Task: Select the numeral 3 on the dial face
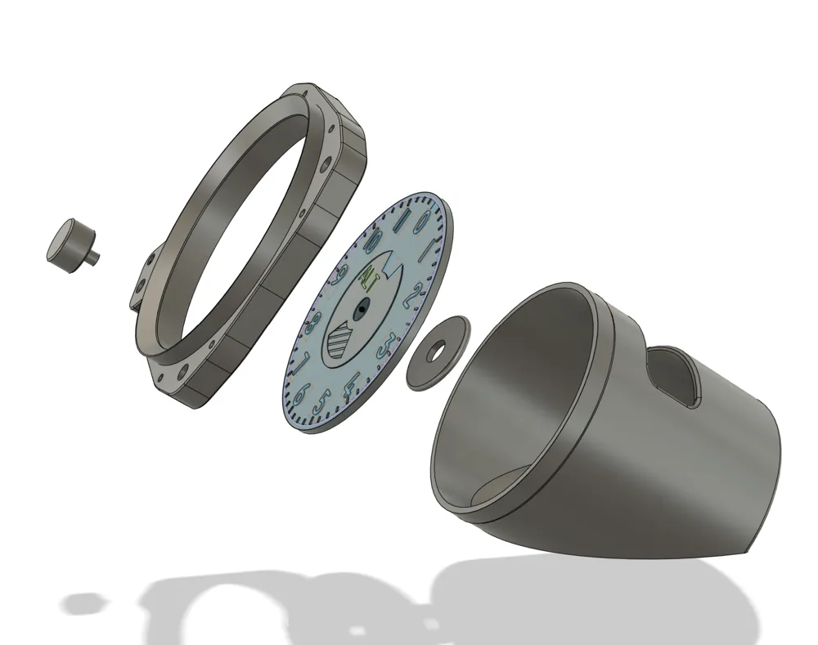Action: (x=392, y=344)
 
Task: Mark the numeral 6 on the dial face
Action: (x=300, y=393)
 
